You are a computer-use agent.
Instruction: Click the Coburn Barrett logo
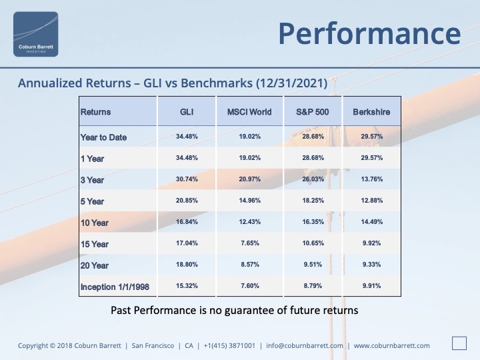pyautogui.click(x=36, y=34)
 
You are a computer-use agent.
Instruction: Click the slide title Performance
pyautogui.click(x=369, y=34)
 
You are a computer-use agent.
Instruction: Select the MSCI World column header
pyautogui.click(x=249, y=112)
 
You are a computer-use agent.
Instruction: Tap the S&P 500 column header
pyautogui.click(x=313, y=112)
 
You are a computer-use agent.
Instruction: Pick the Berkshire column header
pyautogui.click(x=371, y=112)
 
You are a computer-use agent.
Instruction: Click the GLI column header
pyautogui.click(x=187, y=112)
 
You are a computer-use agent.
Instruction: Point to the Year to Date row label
pyautogui.click(x=103, y=137)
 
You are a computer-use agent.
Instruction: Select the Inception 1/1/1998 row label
pyautogui.click(x=115, y=287)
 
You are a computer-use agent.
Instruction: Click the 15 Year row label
pyautogui.click(x=95, y=244)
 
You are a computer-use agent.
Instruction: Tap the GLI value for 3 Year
pyautogui.click(x=187, y=179)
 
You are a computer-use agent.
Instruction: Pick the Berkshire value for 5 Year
pyautogui.click(x=371, y=201)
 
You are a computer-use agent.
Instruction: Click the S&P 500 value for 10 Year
pyautogui.click(x=313, y=221)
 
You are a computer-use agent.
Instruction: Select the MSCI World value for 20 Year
pyautogui.click(x=250, y=265)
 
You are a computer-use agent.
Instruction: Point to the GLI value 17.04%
pyautogui.click(x=187, y=243)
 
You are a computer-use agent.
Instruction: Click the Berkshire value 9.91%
pyautogui.click(x=371, y=286)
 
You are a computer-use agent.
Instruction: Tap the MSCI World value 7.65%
pyautogui.click(x=250, y=243)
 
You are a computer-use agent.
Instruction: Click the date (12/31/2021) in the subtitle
pyautogui.click(x=292, y=83)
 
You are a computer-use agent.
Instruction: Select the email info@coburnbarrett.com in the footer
pyautogui.click(x=305, y=345)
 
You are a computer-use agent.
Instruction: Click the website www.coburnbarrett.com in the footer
pyautogui.click(x=392, y=345)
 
